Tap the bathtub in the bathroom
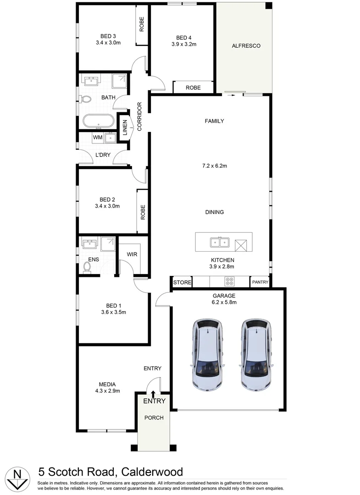click(x=99, y=121)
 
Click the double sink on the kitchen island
click(x=219, y=242)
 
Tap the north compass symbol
click(x=17, y=477)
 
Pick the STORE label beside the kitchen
click(x=182, y=282)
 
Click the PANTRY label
click(x=260, y=282)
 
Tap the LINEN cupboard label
click(x=124, y=128)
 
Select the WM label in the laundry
click(x=97, y=137)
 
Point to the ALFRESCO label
click(x=246, y=46)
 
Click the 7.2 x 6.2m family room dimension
click(x=215, y=166)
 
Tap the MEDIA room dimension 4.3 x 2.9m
click(x=107, y=391)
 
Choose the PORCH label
click(x=154, y=418)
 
